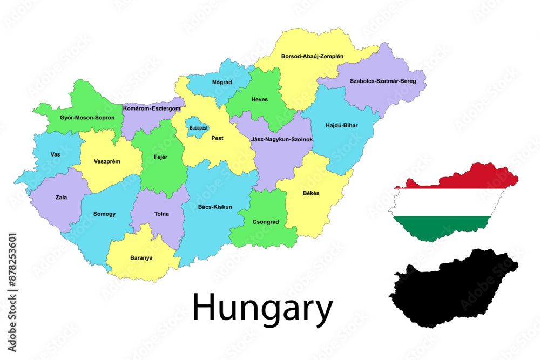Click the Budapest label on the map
198,128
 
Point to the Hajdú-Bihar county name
342,125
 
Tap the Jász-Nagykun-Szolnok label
281,139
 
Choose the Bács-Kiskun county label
215,207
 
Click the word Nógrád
222,82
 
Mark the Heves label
259,99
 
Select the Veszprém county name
107,161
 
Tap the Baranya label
141,257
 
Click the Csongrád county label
266,221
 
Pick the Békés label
310,193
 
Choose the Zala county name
62,197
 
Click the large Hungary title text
262,309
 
